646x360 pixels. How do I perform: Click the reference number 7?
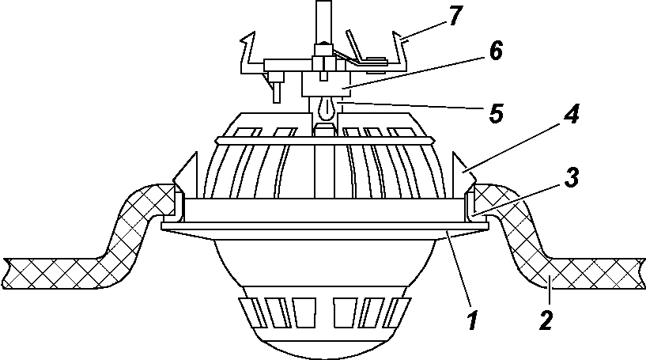click(454, 16)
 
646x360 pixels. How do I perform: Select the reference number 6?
click(496, 51)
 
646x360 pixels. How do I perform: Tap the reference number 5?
click(497, 112)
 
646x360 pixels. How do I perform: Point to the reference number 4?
click(571, 114)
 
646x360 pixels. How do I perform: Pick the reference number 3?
click(572, 177)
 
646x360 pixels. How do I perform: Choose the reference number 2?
click(546, 320)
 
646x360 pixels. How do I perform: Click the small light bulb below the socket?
click(326, 108)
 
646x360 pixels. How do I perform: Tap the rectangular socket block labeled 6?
click(326, 84)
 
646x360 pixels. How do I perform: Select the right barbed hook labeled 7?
click(398, 51)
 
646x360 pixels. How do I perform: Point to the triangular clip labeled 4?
click(464, 170)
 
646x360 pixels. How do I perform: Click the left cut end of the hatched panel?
click(7, 273)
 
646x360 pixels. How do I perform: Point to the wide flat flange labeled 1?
click(326, 225)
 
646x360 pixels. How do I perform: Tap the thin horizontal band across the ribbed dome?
click(326, 141)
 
